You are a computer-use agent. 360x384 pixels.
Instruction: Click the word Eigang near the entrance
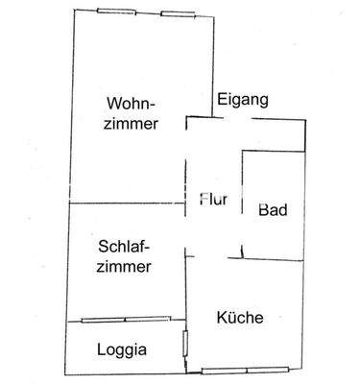(242, 100)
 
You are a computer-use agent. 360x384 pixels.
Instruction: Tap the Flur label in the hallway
(212, 201)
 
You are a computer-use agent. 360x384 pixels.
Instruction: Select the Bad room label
(273, 210)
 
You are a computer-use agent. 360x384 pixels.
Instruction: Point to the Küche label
(240, 319)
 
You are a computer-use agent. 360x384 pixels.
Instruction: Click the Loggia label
(121, 349)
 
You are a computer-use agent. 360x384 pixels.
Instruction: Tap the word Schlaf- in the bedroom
(124, 246)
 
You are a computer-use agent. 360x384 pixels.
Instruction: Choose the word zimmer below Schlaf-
(124, 268)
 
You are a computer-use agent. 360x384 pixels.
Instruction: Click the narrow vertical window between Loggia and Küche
(185, 344)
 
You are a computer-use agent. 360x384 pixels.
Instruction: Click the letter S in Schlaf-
(103, 246)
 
